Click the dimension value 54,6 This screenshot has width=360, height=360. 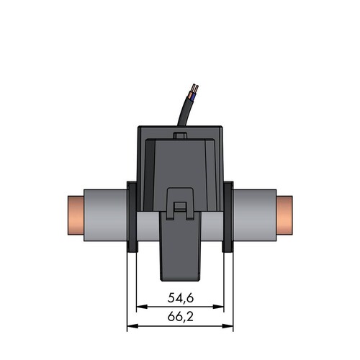[181, 298]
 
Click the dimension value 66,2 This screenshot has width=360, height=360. [181, 317]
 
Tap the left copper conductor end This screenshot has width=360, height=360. [76, 215]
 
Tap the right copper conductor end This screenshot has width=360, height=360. [284, 215]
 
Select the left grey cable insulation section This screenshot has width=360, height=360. [105, 215]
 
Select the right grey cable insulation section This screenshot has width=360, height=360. [255, 215]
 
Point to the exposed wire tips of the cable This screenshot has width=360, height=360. [194, 89]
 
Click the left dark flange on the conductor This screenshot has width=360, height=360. [132, 217]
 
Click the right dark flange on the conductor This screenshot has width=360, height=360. [228, 217]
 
